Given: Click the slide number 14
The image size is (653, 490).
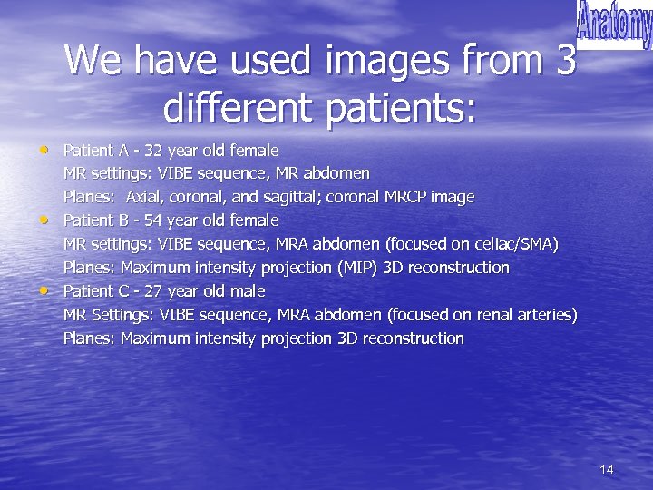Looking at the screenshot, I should [607, 469].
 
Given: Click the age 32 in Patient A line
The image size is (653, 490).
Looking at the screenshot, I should [153, 150].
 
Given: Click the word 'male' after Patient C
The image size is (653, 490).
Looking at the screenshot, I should [246, 291].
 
